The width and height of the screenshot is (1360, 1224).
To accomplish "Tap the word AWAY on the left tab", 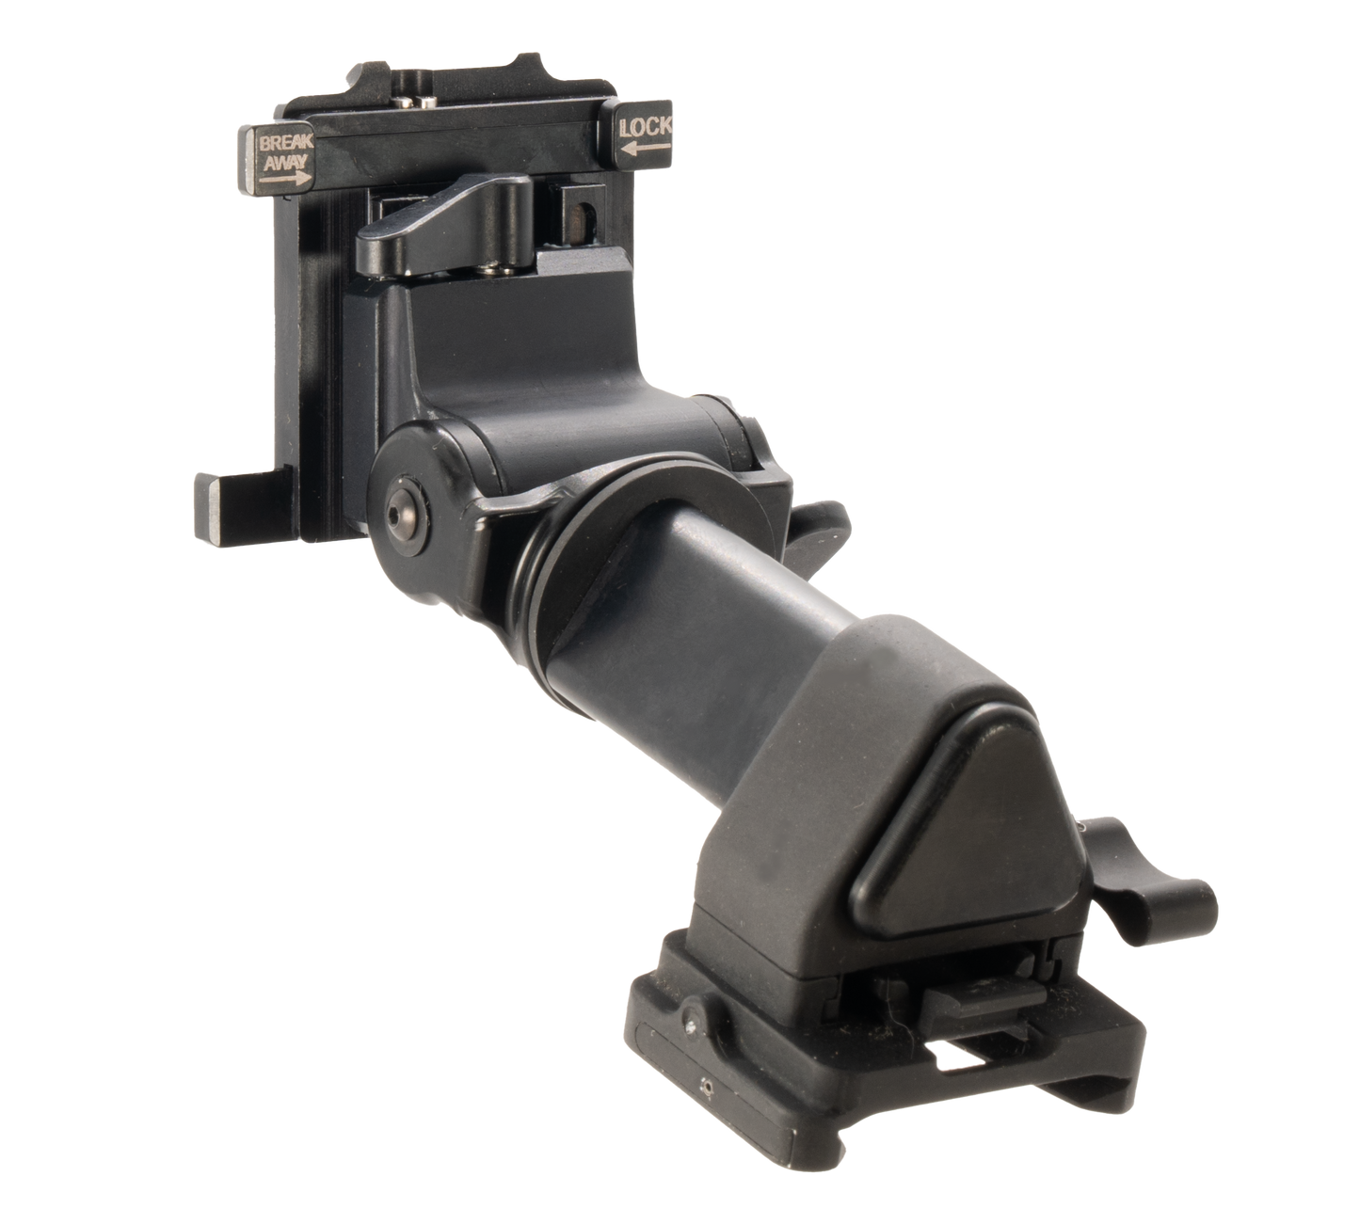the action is [285, 162].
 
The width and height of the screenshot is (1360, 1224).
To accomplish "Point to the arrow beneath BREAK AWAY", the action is [285, 179].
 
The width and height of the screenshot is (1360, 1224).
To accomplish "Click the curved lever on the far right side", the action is [1153, 878].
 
